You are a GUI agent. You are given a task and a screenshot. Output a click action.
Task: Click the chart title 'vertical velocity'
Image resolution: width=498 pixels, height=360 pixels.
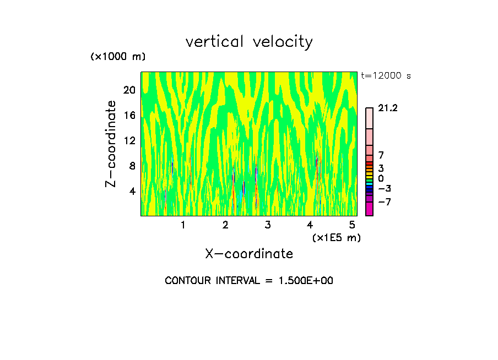pyautogui.click(x=249, y=42)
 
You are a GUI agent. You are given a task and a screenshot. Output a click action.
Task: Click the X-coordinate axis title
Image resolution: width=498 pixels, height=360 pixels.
pyautogui.click(x=249, y=254)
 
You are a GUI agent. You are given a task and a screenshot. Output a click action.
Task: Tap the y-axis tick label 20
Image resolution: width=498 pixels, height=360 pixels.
pyautogui.click(x=129, y=90)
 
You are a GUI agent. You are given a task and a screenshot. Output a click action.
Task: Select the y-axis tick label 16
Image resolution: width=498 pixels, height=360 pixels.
pyautogui.click(x=129, y=116)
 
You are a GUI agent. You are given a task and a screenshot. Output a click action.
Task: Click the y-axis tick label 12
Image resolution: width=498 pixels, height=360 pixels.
pyautogui.click(x=129, y=141)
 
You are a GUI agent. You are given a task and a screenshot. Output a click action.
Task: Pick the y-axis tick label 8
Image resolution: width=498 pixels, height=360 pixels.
pyautogui.click(x=132, y=166)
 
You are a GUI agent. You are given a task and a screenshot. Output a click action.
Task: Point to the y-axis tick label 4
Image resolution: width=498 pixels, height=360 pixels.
pyautogui.click(x=132, y=192)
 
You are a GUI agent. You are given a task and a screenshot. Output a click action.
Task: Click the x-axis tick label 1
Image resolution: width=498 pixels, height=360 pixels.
pyautogui.click(x=183, y=225)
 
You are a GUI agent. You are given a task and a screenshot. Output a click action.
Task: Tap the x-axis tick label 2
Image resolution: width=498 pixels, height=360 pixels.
pyautogui.click(x=225, y=225)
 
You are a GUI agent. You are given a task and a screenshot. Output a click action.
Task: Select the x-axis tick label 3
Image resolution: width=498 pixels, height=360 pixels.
pyautogui.click(x=268, y=225)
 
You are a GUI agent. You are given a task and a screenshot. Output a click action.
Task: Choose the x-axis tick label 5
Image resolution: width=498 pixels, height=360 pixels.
pyautogui.click(x=352, y=225)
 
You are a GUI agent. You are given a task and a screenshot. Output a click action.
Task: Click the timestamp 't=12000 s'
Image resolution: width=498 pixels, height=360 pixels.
pyautogui.click(x=386, y=76)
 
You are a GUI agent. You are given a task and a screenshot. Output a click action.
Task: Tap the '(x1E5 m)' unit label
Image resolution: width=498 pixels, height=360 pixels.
pyautogui.click(x=336, y=237)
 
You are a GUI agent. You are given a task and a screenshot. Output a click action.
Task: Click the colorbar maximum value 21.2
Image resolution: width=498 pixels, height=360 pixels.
pyautogui.click(x=388, y=108)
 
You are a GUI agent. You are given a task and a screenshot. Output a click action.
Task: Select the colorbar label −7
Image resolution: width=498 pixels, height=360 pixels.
pyautogui.click(x=385, y=202)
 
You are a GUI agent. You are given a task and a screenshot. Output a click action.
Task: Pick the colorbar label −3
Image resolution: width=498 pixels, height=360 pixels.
pyautogui.click(x=385, y=188)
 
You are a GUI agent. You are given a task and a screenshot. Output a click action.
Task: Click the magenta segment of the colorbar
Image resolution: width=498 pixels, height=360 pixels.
pyautogui.click(x=369, y=209)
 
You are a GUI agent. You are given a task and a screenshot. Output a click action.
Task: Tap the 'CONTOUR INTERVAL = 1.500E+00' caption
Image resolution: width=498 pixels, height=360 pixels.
pyautogui.click(x=249, y=281)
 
